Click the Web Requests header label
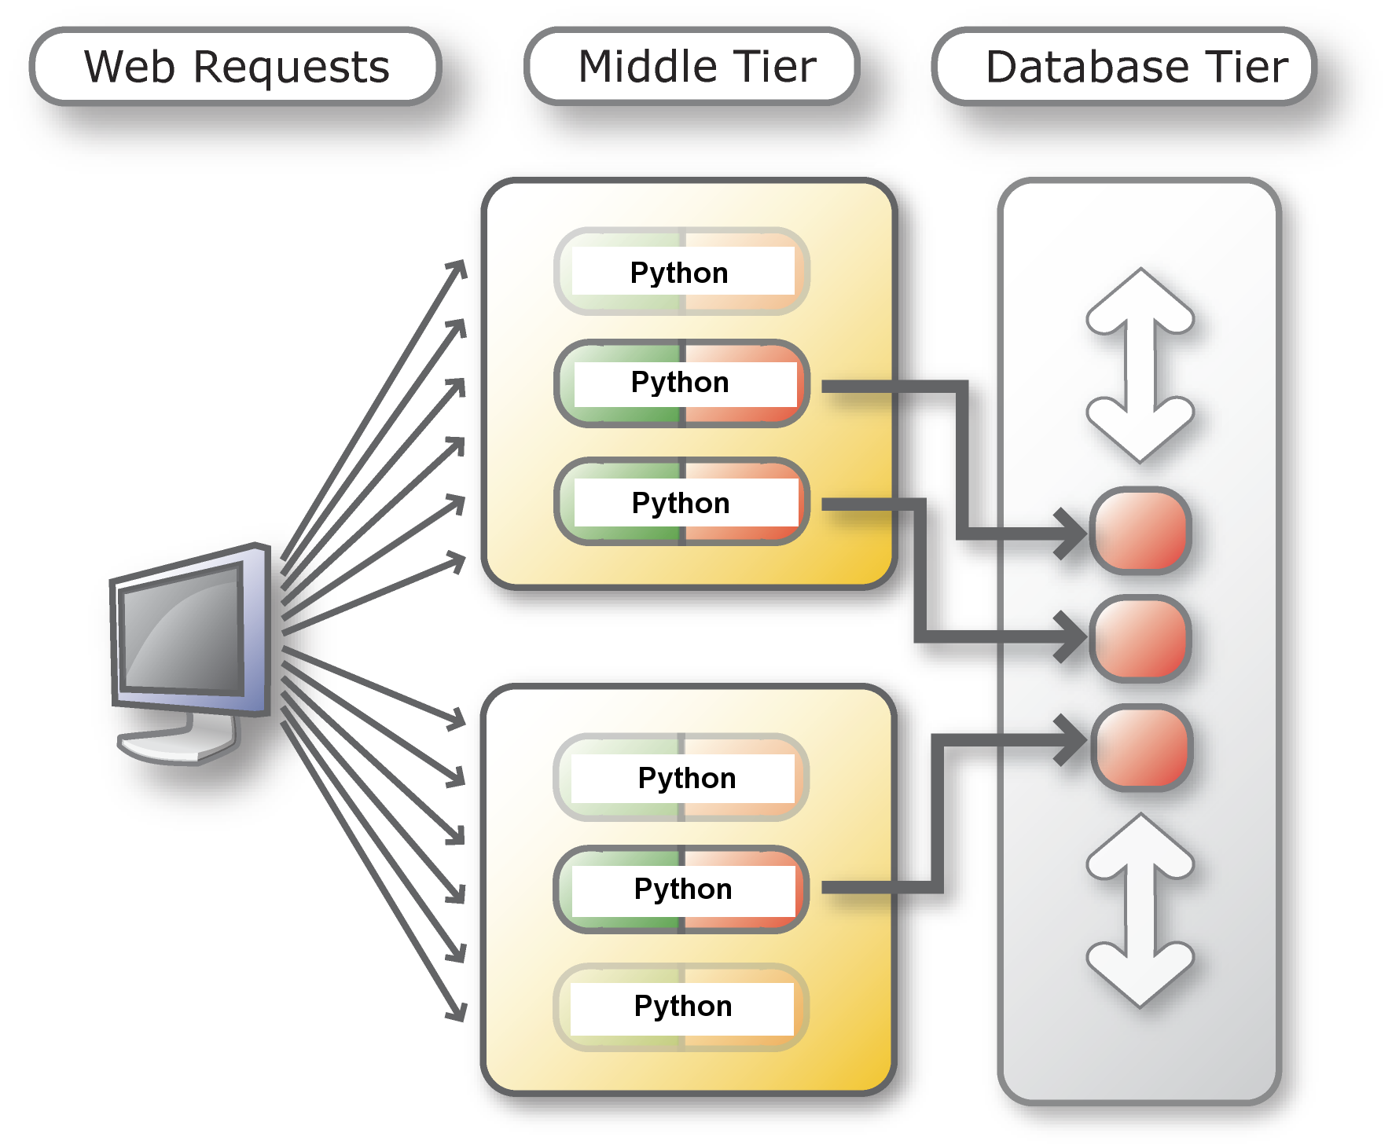tap(236, 67)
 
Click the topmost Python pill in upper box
tap(681, 272)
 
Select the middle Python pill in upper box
tap(681, 383)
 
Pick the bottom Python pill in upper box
tap(681, 502)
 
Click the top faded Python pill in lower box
tap(681, 778)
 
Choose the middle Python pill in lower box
tap(681, 889)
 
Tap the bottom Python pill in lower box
tap(681, 1007)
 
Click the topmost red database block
tap(1140, 531)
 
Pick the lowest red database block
tap(1141, 747)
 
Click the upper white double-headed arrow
tap(1140, 365)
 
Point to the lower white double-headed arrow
tap(1140, 910)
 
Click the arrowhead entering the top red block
tap(1073, 534)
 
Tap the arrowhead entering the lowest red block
tap(1073, 739)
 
